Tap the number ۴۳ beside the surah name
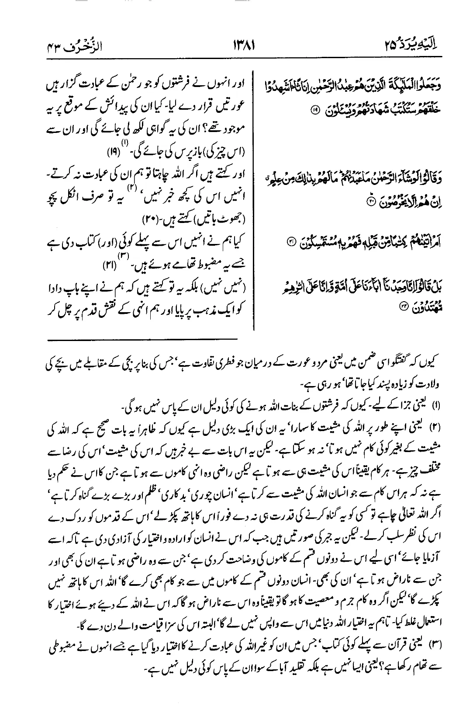52,45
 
